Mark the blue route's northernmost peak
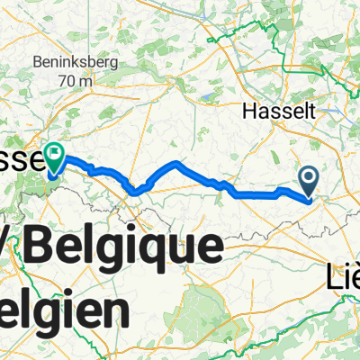[x=176, y=164]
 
